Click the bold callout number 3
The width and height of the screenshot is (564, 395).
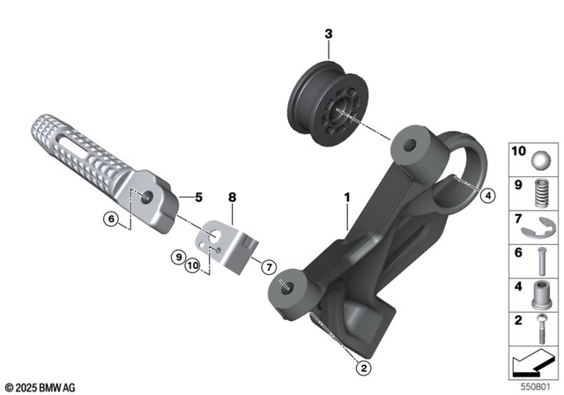[328, 35]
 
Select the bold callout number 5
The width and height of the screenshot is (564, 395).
[198, 197]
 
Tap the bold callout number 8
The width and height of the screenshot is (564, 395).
[233, 199]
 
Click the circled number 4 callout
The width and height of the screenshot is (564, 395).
[487, 196]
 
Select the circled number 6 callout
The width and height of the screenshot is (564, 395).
[111, 219]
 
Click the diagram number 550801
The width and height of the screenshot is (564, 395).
[537, 385]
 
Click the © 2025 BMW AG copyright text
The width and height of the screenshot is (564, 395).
[41, 386]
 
